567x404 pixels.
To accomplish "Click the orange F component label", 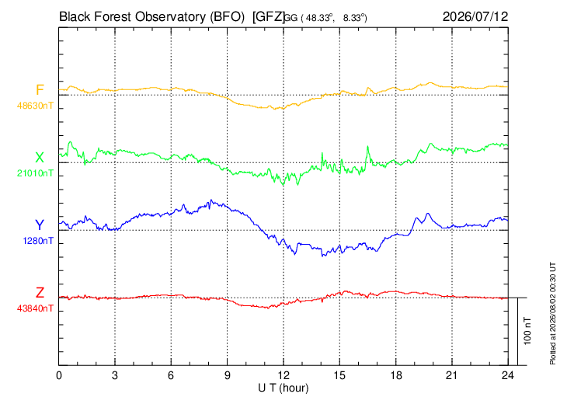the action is click(40, 89).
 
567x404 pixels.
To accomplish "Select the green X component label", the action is click(40, 158).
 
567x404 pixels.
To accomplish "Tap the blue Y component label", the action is click(40, 225).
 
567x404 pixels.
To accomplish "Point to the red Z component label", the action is click(40, 293).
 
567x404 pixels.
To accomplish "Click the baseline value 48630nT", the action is click(35, 106).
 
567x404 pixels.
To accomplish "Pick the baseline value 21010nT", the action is click(35, 173).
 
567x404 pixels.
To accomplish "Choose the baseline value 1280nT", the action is click(38, 241).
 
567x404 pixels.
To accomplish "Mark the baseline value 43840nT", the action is click(35, 308).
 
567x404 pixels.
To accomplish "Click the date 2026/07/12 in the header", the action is click(475, 16).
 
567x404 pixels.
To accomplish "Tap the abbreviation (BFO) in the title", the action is click(227, 17).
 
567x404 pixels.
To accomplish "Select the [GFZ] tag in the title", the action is click(269, 17).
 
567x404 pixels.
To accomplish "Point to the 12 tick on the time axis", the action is click(283, 375).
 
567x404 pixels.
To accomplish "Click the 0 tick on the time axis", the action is click(59, 375).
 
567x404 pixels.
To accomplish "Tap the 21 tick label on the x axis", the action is click(451, 375).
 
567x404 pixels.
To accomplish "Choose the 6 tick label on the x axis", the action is click(171, 375).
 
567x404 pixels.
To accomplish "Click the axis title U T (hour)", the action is click(283, 388).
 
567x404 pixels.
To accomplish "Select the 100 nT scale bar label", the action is click(527, 331).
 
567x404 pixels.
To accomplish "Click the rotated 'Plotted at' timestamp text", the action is click(552, 313).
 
